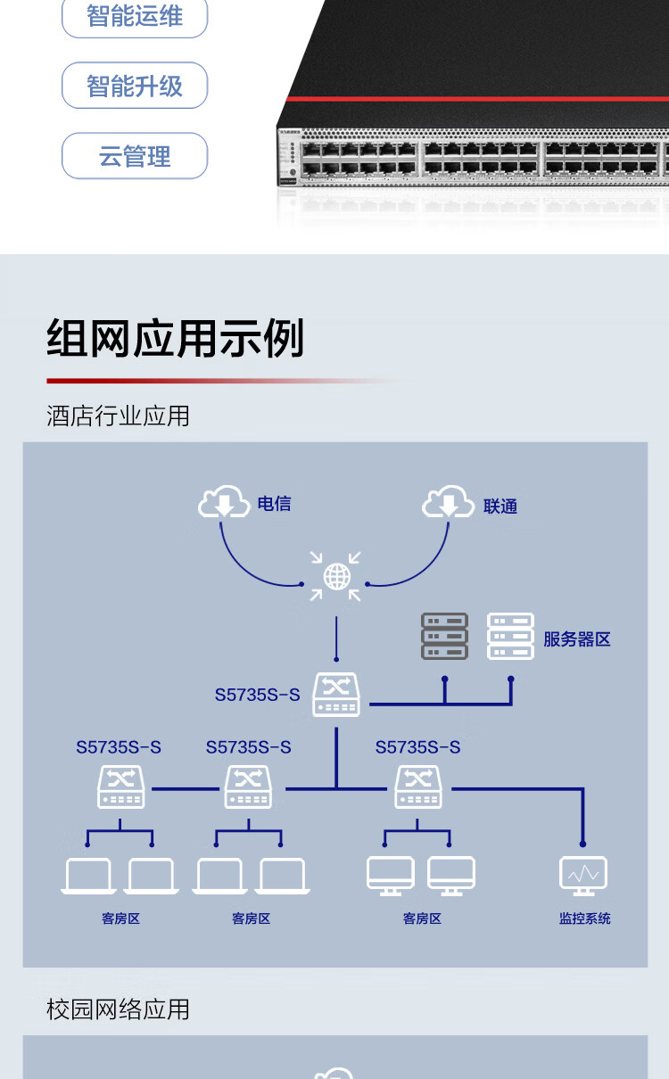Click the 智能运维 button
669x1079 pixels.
pyautogui.click(x=134, y=16)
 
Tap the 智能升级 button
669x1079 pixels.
pyautogui.click(x=134, y=86)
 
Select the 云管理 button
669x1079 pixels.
pyautogui.click(x=134, y=157)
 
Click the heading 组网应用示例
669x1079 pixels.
pyautogui.click(x=176, y=339)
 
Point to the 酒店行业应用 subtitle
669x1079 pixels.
pyautogui.click(x=118, y=416)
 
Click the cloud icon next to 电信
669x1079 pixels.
pyautogui.click(x=224, y=502)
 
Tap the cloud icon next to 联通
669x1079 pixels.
pyautogui.click(x=448, y=502)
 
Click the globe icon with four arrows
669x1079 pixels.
pyautogui.click(x=336, y=576)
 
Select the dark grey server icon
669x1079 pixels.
pyautogui.click(x=444, y=636)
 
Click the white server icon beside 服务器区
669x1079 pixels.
pyautogui.click(x=510, y=636)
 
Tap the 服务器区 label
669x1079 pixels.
pyautogui.click(x=577, y=639)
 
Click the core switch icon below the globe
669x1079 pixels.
pyautogui.click(x=336, y=695)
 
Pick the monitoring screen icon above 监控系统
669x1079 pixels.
pyautogui.click(x=583, y=875)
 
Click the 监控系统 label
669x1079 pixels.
pyautogui.click(x=584, y=918)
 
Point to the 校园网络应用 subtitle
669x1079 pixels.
pyautogui.click(x=118, y=1009)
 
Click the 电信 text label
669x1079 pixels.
pyautogui.click(x=274, y=504)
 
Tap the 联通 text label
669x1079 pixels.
pyautogui.click(x=500, y=507)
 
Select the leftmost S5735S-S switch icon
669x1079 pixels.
pyautogui.click(x=120, y=787)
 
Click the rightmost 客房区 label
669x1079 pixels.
pyautogui.click(x=422, y=918)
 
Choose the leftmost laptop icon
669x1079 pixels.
pyautogui.click(x=88, y=876)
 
